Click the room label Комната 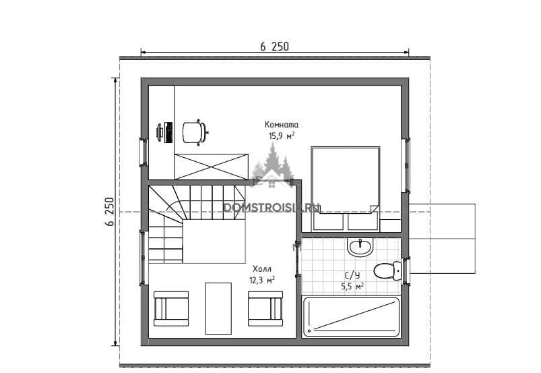coord(282,125)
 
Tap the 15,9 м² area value coord(282,136)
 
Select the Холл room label coord(262,269)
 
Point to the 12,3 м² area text coord(262,280)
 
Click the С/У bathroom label coord(352,275)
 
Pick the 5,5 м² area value coord(352,286)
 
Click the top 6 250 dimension coord(275,47)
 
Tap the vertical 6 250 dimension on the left coord(109,211)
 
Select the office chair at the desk coord(195,132)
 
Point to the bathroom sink coord(360,248)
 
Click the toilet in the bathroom coord(388,270)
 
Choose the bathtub coord(351,317)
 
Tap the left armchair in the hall coord(171,309)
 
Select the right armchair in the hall coord(265,309)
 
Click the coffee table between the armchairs coord(218,308)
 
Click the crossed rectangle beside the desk coord(211,167)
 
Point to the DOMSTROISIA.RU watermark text coord(272,207)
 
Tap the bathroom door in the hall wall coord(296,260)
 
